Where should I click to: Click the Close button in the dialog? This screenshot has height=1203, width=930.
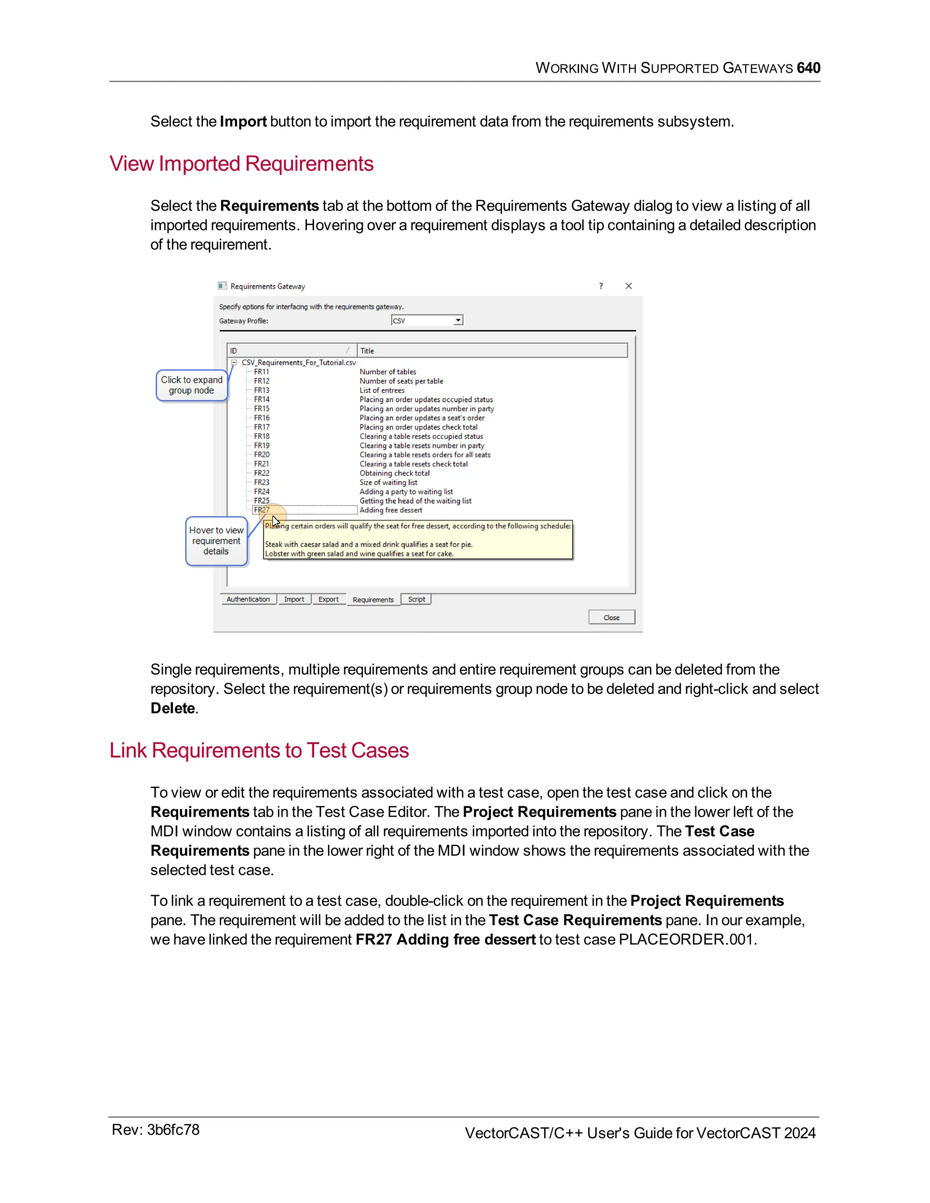coord(611,617)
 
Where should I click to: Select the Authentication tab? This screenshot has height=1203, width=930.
coord(248,599)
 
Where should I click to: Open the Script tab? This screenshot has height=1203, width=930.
coord(416,599)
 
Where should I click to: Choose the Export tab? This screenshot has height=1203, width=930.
coord(328,599)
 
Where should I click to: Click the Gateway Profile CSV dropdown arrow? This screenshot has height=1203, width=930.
coord(458,320)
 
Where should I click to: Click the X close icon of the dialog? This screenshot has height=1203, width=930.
coord(628,286)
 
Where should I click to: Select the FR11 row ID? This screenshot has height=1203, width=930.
coord(262,372)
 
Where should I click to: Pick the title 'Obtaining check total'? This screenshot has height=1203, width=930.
coord(395,473)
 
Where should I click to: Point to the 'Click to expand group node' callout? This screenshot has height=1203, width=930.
coord(191,385)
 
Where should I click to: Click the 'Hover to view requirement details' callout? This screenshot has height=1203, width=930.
coord(216,540)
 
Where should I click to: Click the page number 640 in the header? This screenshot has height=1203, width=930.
coord(808,68)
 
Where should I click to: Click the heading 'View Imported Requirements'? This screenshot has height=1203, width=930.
coord(241,163)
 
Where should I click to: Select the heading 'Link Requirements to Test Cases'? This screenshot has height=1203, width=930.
coord(259,750)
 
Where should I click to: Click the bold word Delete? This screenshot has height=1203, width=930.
coord(173,708)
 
